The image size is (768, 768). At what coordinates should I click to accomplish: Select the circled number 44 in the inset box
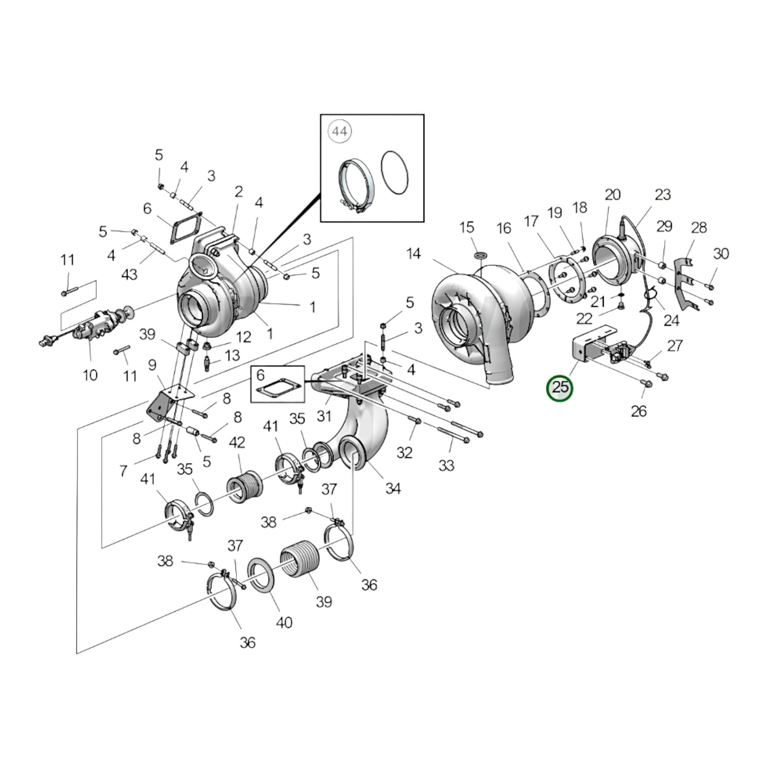340,131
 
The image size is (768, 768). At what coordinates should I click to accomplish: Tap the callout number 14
413,254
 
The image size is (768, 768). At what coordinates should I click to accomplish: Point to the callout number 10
90,375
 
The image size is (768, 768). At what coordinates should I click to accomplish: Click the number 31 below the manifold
324,416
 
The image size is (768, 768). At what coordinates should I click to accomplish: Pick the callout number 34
393,488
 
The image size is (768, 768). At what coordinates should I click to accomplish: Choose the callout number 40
284,622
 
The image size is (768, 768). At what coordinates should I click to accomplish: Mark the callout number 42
237,442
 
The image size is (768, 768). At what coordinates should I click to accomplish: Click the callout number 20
613,195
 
